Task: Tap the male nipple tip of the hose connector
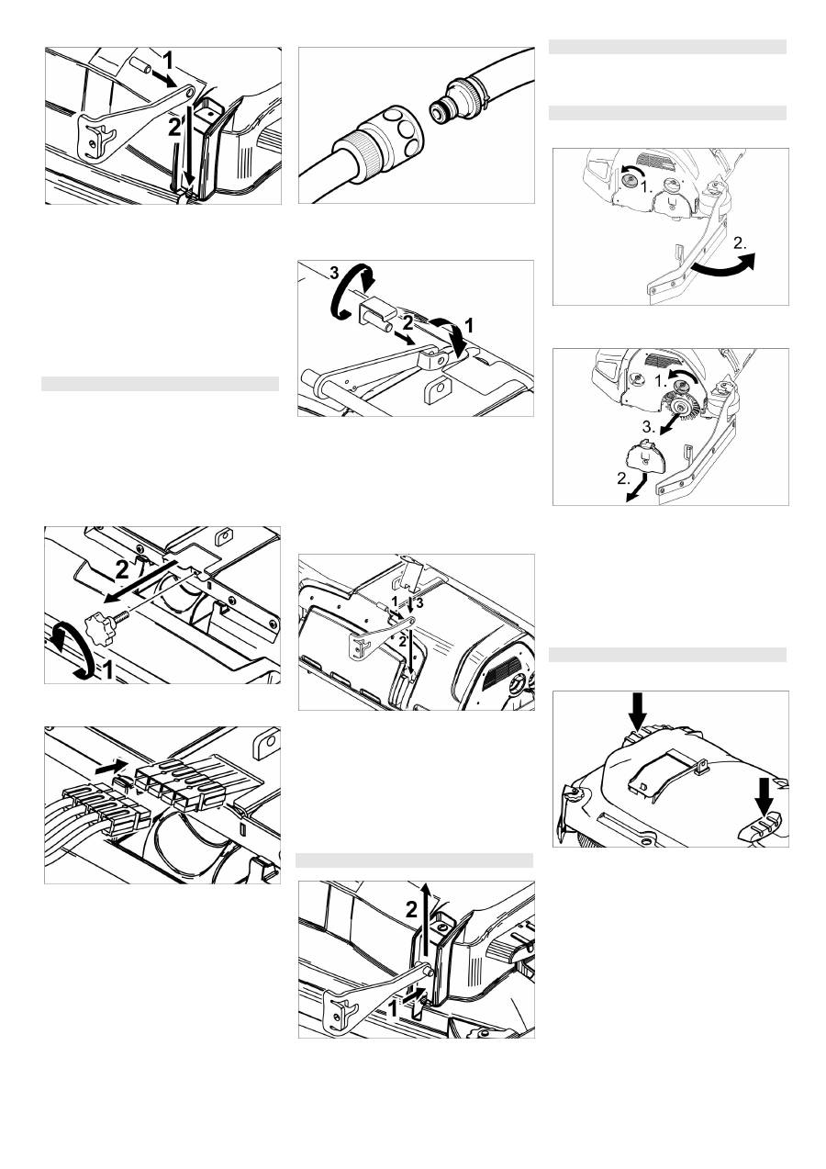tap(437, 110)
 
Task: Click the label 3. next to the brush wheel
tap(649, 427)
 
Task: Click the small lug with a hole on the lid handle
tap(700, 767)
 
